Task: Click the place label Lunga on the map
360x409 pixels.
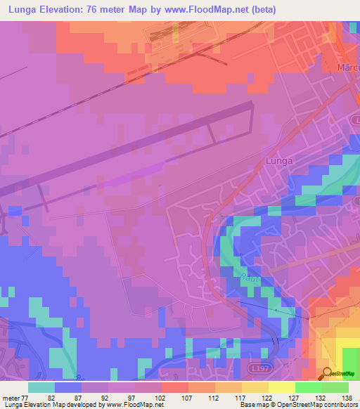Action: pyautogui.click(x=279, y=161)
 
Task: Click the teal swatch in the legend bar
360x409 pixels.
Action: pyautogui.click(x=41, y=387)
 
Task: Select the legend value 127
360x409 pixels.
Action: pyautogui.click(x=295, y=398)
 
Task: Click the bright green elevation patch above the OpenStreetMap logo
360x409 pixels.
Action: pyautogui.click(x=350, y=356)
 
